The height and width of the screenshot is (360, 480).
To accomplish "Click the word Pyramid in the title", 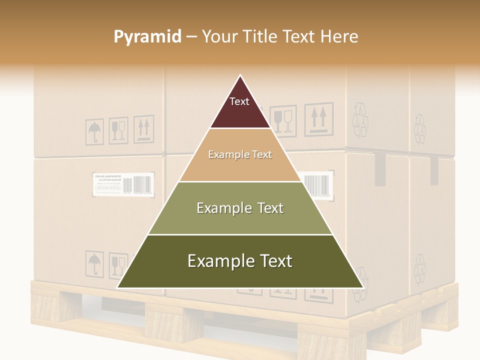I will tap(147, 36).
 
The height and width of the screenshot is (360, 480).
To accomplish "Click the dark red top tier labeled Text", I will tap(239, 107).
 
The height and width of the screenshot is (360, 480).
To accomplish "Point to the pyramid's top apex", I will tap(240, 76).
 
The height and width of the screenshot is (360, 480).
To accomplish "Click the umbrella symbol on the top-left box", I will tap(94, 131).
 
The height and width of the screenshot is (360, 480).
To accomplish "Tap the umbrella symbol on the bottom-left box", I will tap(93, 263).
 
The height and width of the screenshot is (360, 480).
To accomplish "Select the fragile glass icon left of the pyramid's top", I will tap(118, 130).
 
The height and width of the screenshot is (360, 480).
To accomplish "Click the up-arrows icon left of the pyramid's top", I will tap(143, 129).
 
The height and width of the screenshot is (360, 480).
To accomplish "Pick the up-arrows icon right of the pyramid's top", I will tap(318, 119).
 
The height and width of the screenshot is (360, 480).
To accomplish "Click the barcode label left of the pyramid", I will tap(123, 183).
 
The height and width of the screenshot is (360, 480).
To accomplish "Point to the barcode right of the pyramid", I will tap(317, 185).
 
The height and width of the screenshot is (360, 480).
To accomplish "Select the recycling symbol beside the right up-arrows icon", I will tap(360, 120).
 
